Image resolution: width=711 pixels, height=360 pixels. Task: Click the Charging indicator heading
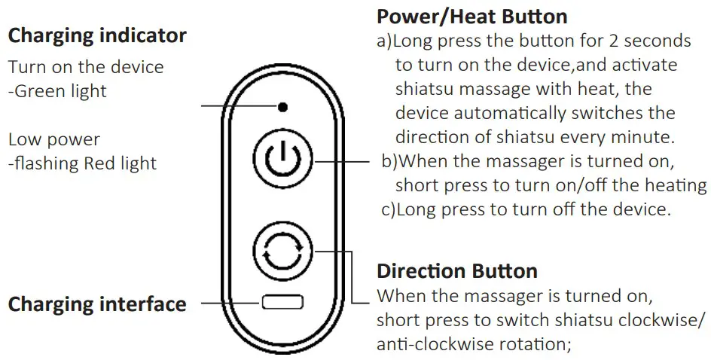(96, 35)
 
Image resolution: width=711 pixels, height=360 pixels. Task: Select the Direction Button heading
(456, 270)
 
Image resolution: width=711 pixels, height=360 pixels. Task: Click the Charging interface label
(96, 304)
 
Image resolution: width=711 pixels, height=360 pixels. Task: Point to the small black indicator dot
(282, 107)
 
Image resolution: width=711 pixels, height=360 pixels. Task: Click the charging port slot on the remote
(282, 304)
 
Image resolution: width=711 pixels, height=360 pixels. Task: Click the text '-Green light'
(57, 91)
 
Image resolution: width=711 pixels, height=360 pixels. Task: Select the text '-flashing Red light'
(82, 163)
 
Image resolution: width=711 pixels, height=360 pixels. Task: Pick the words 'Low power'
(53, 140)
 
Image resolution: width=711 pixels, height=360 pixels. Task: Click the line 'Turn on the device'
(85, 67)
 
